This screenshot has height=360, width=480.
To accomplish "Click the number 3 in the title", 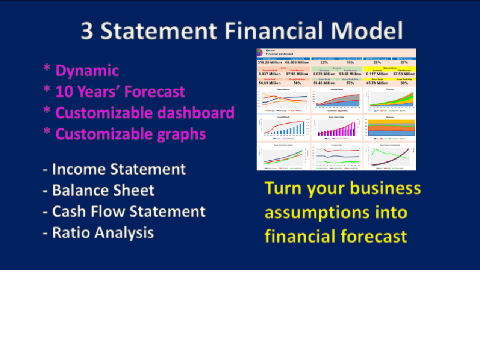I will [87, 31].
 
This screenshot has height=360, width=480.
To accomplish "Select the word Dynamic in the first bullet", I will [87, 71].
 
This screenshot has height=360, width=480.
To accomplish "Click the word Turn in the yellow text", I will [286, 188].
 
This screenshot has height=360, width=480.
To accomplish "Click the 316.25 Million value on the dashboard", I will [269, 62].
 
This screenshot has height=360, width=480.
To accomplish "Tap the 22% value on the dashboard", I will [324, 62].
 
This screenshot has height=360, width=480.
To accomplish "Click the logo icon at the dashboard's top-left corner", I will [260, 52].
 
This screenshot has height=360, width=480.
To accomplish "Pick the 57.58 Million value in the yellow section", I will [403, 73].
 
